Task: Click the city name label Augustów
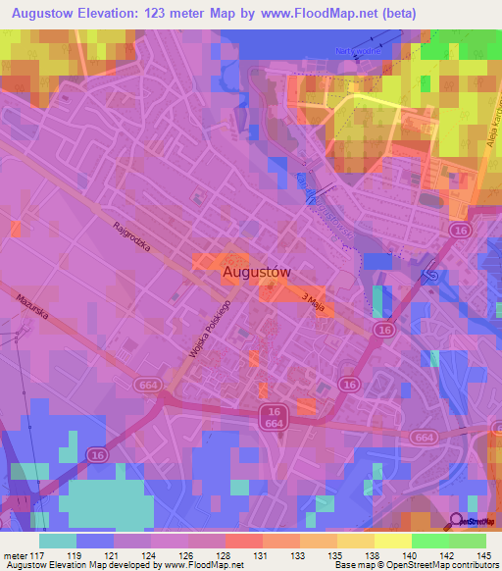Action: (x=256, y=272)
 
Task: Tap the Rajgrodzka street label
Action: (x=131, y=236)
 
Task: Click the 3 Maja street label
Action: (x=313, y=299)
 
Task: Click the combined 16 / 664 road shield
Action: (x=274, y=416)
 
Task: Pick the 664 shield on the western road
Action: (x=150, y=384)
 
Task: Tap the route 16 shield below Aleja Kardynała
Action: (x=460, y=230)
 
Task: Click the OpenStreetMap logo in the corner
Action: (x=476, y=522)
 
